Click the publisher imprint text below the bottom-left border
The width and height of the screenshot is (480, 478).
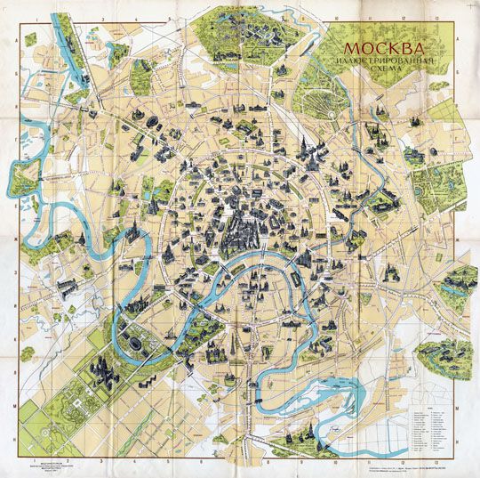(44, 467)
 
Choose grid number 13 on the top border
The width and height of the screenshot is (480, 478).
(436, 17)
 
